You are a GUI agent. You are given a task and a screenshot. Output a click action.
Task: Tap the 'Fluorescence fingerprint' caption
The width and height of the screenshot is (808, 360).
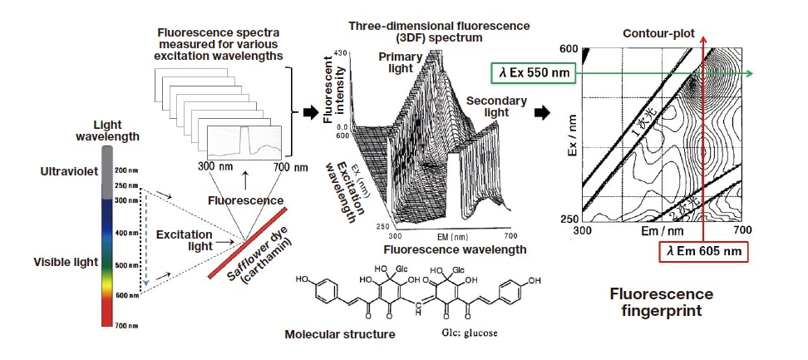coord(662,303)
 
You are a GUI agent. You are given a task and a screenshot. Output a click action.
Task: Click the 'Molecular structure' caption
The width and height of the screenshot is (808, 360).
coord(335,335)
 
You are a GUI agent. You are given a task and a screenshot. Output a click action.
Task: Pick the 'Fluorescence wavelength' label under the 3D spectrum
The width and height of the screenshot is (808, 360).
coord(455,249)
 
